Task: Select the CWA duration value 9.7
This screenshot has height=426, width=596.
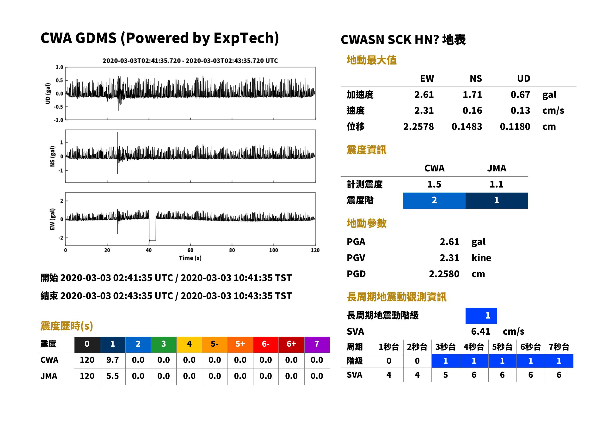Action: click(112, 360)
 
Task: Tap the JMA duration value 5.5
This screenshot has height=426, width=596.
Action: click(112, 376)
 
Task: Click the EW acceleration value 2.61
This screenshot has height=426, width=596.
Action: click(424, 94)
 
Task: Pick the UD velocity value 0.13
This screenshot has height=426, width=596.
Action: click(520, 110)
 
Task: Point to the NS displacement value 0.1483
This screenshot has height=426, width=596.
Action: click(467, 126)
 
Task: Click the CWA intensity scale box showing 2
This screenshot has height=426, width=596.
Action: click(434, 200)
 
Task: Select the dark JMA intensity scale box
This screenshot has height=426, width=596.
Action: click(497, 200)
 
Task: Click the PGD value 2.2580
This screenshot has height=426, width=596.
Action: click(444, 274)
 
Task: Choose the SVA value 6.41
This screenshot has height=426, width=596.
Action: click(481, 331)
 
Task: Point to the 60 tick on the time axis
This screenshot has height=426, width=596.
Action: click(190, 250)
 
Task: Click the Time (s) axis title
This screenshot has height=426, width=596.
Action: click(190, 258)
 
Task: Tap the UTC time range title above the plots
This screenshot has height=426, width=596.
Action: click(190, 61)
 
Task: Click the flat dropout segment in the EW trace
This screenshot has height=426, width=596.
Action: click(153, 240)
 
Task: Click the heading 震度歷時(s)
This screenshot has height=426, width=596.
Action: click(67, 326)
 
